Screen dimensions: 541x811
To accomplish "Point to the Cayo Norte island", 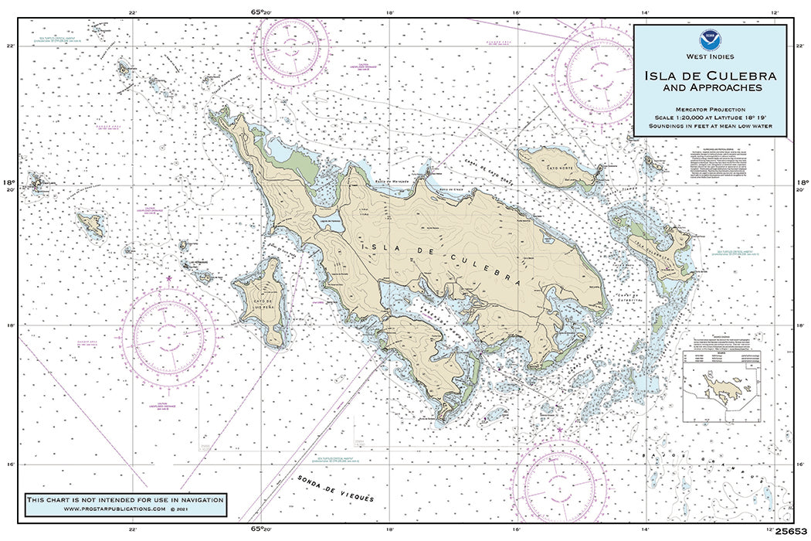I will [x=555, y=166].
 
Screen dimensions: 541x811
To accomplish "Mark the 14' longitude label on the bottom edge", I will [x=643, y=529].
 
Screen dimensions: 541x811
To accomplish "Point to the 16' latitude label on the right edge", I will [x=802, y=464].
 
